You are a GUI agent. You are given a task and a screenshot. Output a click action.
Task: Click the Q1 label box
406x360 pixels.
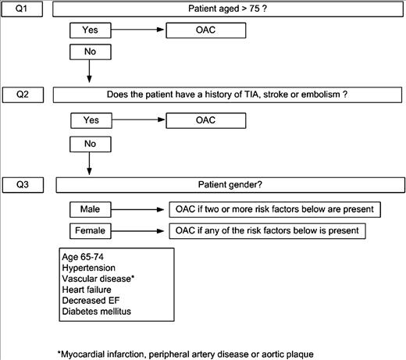pyautogui.click(x=22, y=9)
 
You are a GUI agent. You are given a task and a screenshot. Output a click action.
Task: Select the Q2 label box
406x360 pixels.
pyautogui.click(x=23, y=94)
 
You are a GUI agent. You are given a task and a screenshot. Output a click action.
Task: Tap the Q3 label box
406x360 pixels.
pyautogui.click(x=23, y=185)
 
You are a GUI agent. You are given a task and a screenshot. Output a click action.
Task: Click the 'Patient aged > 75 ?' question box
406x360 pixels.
pyautogui.click(x=228, y=9)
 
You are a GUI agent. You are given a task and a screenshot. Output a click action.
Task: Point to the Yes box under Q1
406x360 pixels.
pyautogui.click(x=91, y=30)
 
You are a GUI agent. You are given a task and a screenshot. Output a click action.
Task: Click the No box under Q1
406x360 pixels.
pyautogui.click(x=91, y=52)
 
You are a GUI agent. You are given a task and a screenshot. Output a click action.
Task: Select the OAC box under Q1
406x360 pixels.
pyautogui.click(x=206, y=30)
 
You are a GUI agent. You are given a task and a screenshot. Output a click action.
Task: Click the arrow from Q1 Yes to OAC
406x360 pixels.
pyautogui.click(x=137, y=30)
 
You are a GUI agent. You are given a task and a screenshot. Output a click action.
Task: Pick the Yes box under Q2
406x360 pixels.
pyautogui.click(x=91, y=120)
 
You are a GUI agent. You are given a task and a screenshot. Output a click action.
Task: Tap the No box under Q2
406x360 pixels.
pyautogui.click(x=91, y=144)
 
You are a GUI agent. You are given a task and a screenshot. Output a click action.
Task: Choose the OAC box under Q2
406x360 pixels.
pyautogui.click(x=206, y=120)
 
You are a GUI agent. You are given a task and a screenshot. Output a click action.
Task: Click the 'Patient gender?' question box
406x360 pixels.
pyautogui.click(x=230, y=185)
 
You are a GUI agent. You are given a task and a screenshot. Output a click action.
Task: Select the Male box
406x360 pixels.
pyautogui.click(x=91, y=209)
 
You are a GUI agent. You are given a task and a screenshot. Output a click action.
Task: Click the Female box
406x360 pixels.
pyautogui.click(x=91, y=231)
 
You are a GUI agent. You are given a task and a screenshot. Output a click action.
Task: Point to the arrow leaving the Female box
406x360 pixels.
pyautogui.click(x=137, y=231)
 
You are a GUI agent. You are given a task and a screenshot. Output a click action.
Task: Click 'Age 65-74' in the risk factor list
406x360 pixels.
pyautogui.click(x=83, y=257)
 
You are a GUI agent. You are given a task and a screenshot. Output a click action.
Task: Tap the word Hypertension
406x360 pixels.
pyautogui.click(x=88, y=268)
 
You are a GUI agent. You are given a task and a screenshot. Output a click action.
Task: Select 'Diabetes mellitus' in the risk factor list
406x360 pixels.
pyautogui.click(x=96, y=312)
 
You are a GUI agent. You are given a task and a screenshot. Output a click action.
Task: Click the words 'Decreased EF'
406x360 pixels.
pyautogui.click(x=91, y=301)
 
